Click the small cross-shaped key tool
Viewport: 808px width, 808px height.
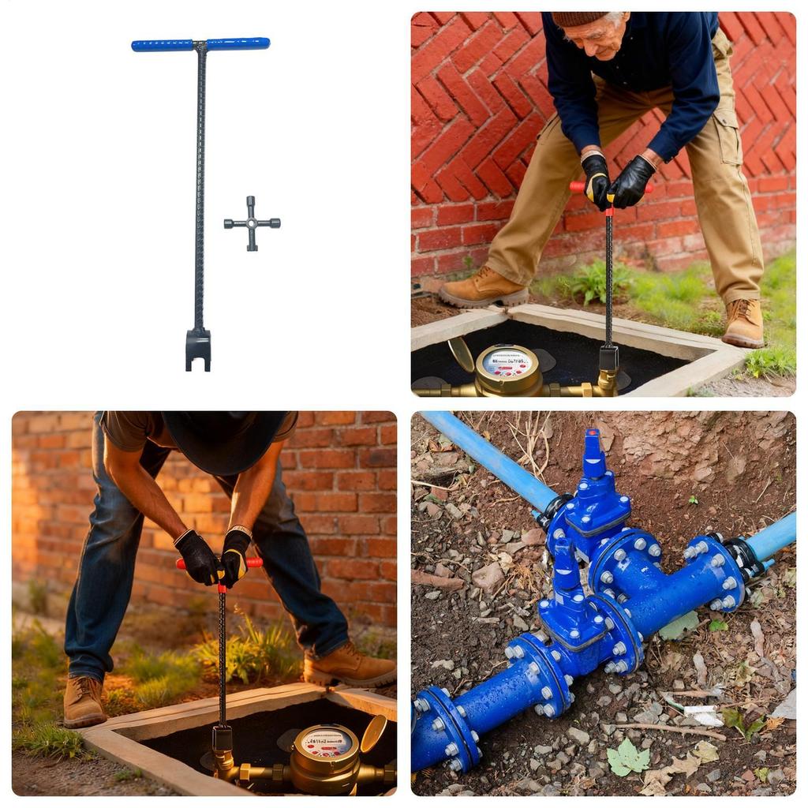click(252, 223)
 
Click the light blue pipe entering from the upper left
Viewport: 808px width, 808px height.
click(489, 457)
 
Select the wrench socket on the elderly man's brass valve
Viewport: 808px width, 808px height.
click(608, 359)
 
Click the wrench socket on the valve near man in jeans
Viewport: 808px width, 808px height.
click(222, 739)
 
